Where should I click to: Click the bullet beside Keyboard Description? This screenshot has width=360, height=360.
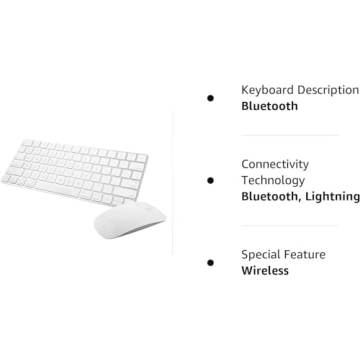210,97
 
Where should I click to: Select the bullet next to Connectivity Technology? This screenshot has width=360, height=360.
210,180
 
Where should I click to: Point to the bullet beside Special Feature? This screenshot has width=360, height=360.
210,262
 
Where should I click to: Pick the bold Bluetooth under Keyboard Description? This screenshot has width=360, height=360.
269,106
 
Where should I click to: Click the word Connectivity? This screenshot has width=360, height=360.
275,164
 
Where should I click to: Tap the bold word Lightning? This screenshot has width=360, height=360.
333,197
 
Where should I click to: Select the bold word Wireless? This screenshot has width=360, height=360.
265,271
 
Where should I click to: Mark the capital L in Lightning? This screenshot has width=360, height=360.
312,197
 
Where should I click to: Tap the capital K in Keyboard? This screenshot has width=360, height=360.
246,90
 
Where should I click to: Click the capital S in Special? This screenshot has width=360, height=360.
245,254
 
